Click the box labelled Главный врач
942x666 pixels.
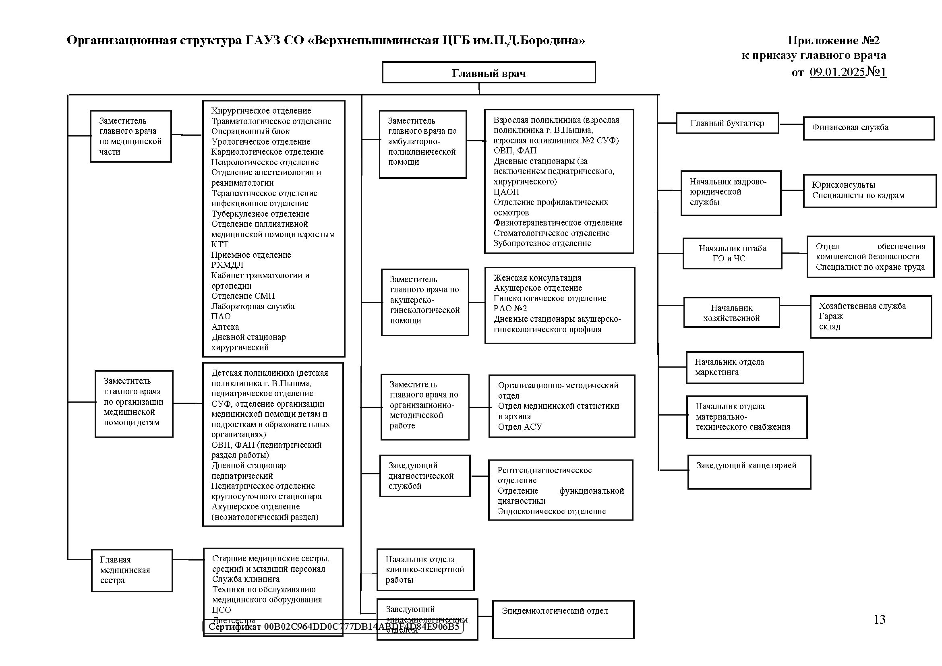coord(488,73)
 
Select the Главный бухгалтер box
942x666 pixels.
coord(727,124)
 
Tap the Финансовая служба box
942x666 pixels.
coord(868,128)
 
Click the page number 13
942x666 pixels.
coord(879,620)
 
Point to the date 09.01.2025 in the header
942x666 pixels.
coord(837,72)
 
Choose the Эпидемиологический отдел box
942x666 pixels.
coord(563,619)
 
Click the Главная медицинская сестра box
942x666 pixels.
coord(132,570)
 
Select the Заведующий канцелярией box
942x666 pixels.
coord(749,472)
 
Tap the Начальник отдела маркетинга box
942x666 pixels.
coord(744,368)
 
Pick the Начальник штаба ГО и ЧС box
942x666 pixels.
coord(732,253)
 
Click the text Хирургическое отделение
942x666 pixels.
coord(261,111)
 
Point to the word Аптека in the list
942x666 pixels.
coord(225,327)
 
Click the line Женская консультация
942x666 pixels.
coord(537,278)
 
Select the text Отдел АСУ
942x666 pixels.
coord(520,427)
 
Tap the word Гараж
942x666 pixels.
coord(831,316)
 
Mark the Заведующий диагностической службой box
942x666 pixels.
coord(424,476)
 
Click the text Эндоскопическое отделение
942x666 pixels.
coord(551,511)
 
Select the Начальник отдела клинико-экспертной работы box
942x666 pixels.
coord(425,570)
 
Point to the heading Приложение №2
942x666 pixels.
coord(833,40)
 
